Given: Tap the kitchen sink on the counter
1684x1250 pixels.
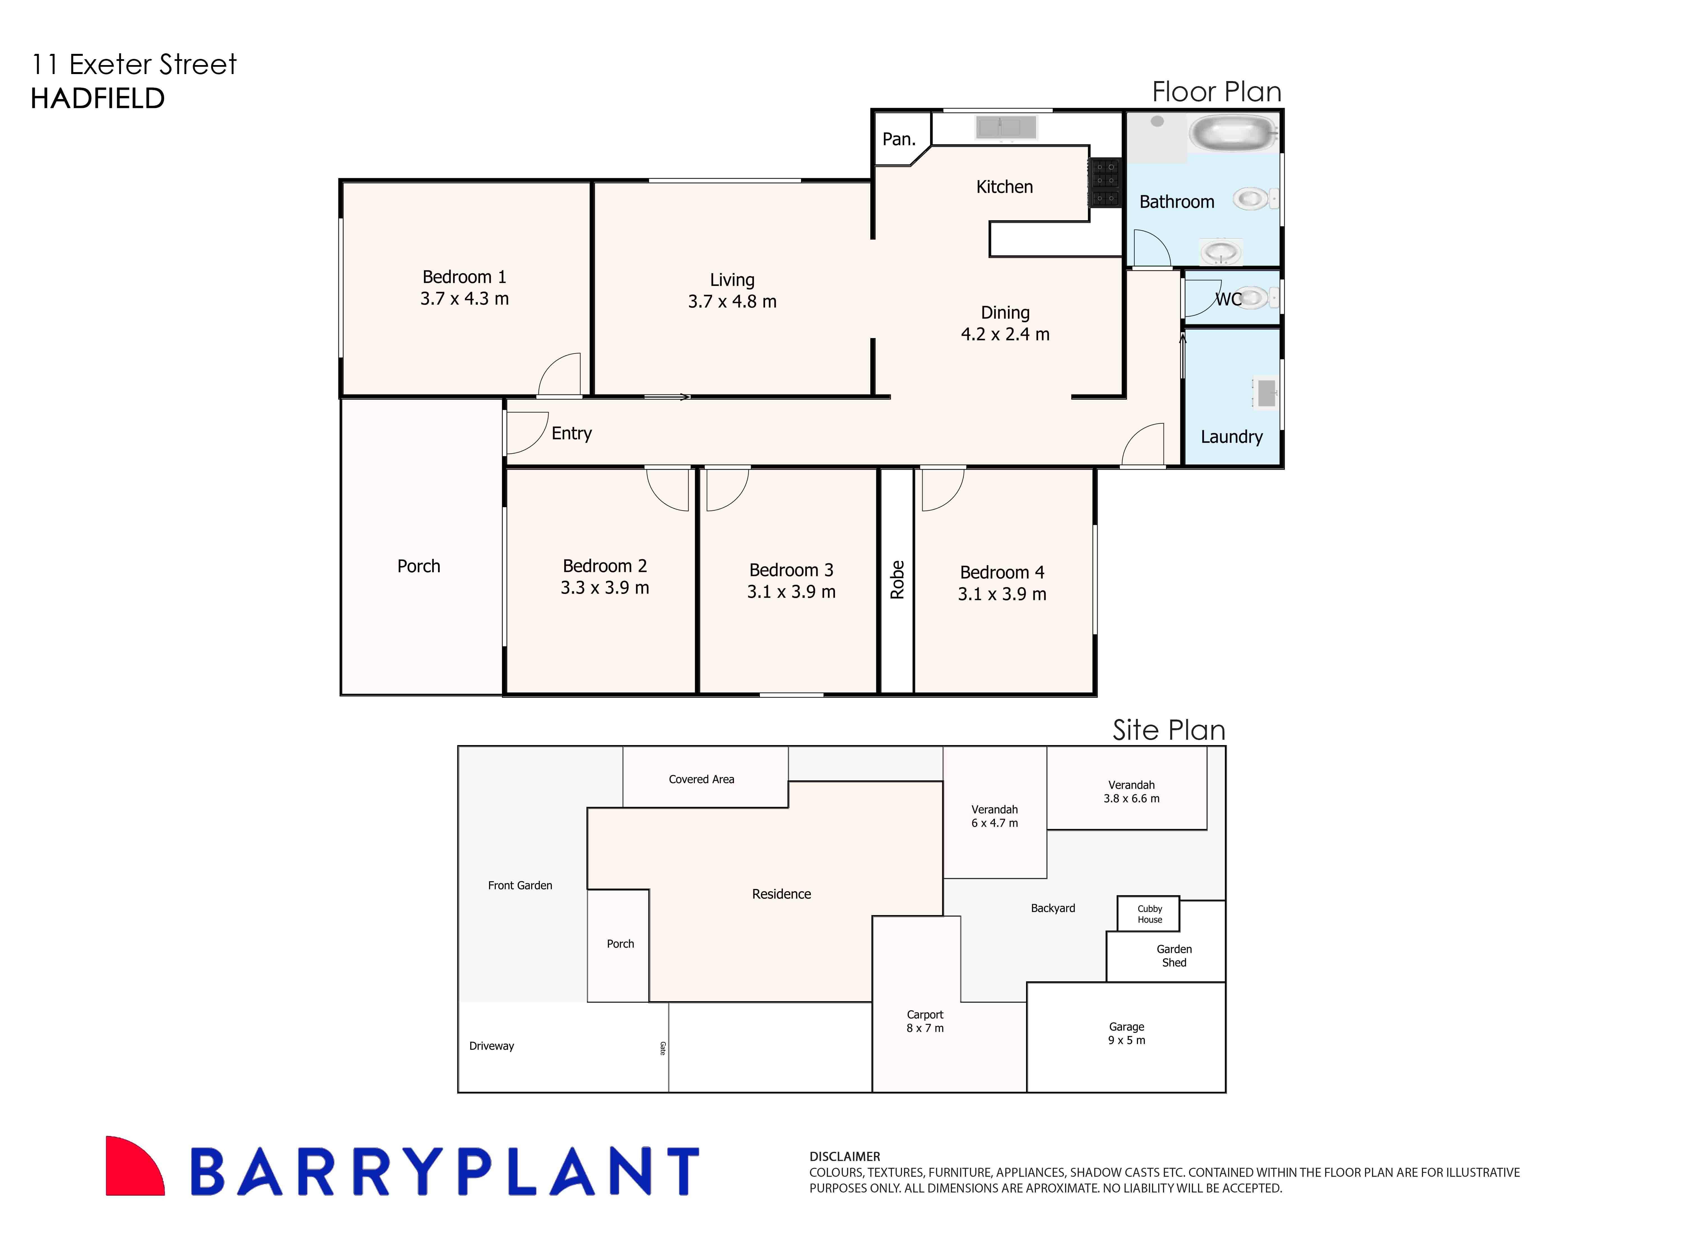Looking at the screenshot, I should [1006, 127].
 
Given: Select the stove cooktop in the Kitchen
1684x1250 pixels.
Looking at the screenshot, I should [1104, 181].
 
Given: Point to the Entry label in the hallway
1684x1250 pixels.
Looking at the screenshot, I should [572, 434].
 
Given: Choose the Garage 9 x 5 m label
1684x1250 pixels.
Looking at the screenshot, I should [1126, 1034].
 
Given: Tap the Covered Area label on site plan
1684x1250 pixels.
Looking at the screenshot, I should [701, 779].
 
